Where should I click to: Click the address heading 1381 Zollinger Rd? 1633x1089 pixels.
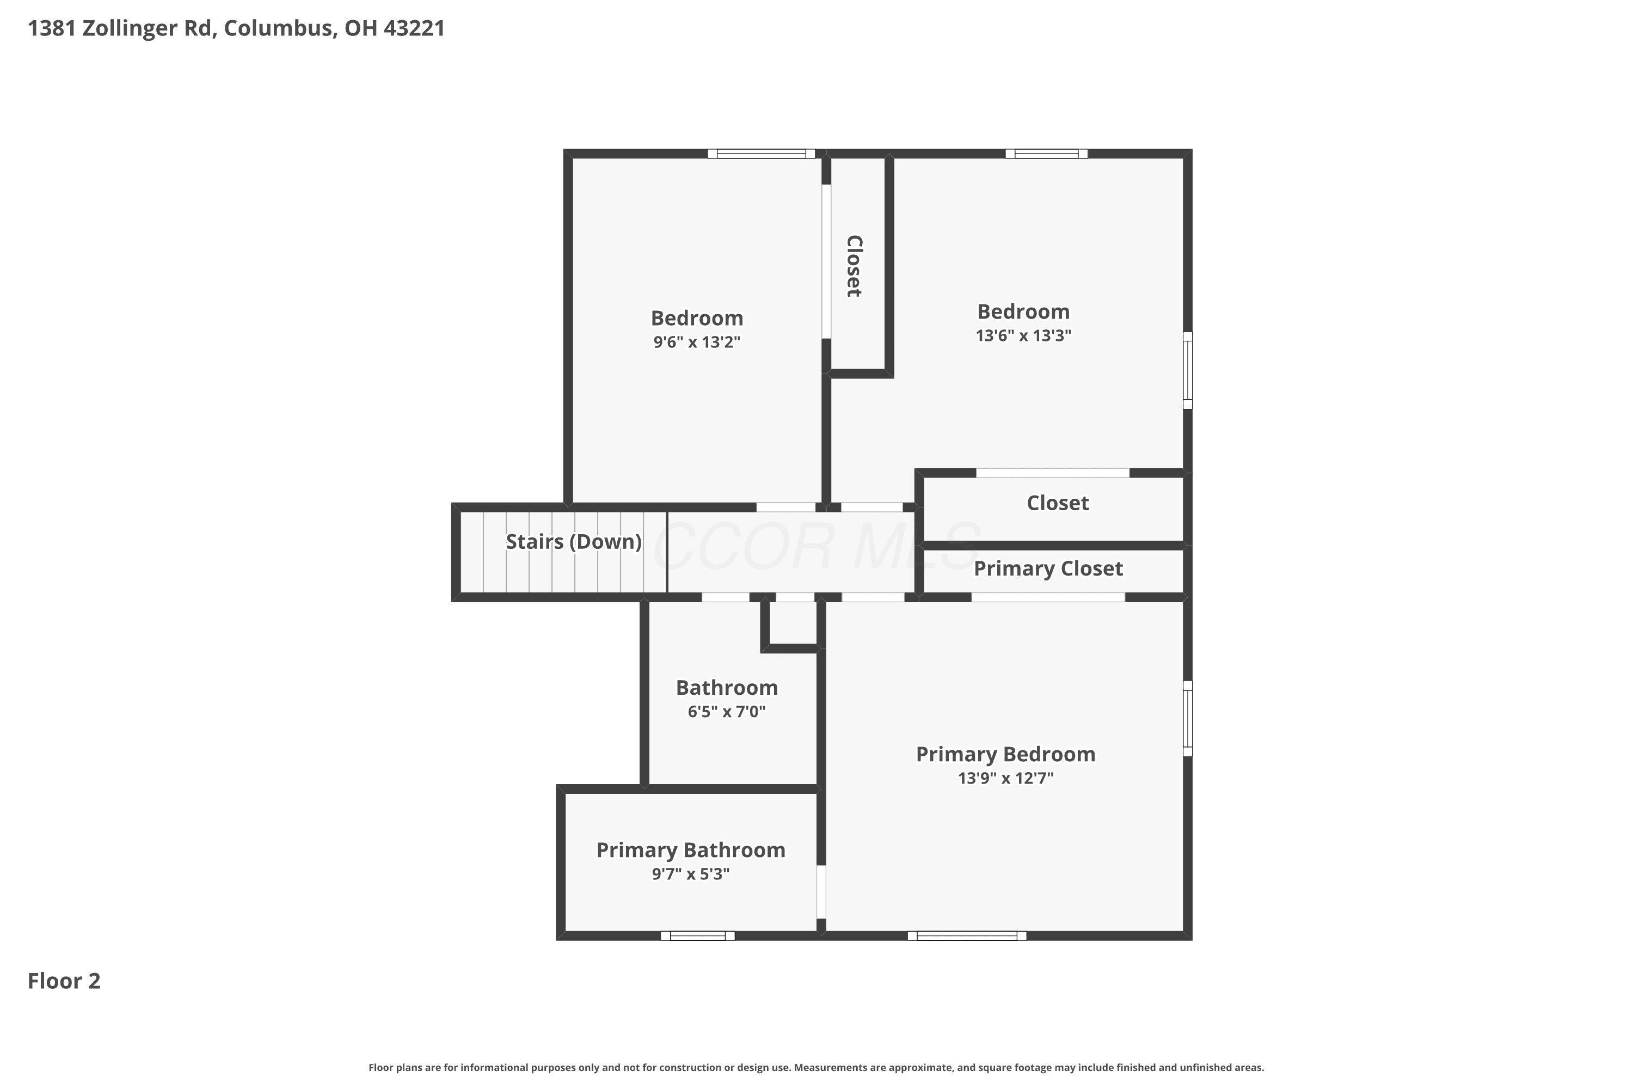(x=236, y=28)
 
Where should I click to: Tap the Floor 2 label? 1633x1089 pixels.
(x=64, y=981)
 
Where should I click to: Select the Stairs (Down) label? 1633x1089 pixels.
(x=574, y=542)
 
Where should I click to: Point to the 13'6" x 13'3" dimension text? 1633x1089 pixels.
(x=1023, y=335)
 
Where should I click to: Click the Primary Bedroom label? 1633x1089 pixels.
(x=1005, y=754)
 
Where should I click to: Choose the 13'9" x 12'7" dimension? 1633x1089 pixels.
(x=1005, y=778)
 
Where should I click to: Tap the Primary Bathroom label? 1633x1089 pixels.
(x=691, y=850)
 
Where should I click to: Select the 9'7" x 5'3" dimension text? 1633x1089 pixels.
(x=690, y=874)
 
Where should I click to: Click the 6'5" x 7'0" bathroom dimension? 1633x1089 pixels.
(x=726, y=711)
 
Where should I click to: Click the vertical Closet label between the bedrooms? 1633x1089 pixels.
(x=854, y=266)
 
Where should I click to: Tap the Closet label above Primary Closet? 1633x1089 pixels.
(x=1058, y=503)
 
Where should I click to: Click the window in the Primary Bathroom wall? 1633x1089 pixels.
(x=697, y=935)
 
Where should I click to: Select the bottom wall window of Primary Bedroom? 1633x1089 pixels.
(x=967, y=935)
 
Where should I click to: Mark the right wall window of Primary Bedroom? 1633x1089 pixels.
(x=1187, y=718)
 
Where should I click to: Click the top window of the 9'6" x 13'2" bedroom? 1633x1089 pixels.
(x=761, y=154)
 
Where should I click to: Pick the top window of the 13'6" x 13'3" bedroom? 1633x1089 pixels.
(x=1046, y=154)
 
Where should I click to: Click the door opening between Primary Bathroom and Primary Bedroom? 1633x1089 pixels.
(x=821, y=892)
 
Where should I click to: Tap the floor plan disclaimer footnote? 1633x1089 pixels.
(x=816, y=1067)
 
